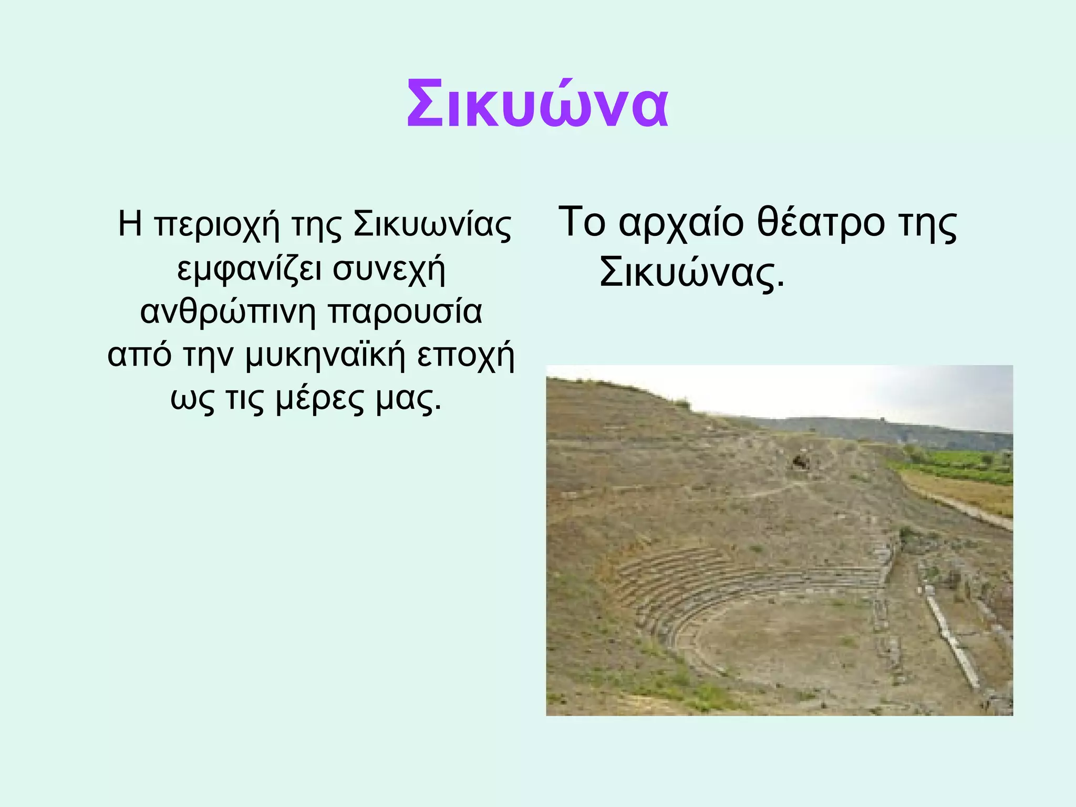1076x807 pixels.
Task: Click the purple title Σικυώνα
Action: (537, 106)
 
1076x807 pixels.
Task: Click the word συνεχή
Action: (389, 269)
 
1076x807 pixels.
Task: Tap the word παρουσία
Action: (405, 312)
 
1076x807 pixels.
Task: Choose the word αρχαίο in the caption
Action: (681, 223)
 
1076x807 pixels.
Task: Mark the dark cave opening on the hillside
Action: (800, 462)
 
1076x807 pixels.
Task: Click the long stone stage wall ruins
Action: (951, 641)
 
